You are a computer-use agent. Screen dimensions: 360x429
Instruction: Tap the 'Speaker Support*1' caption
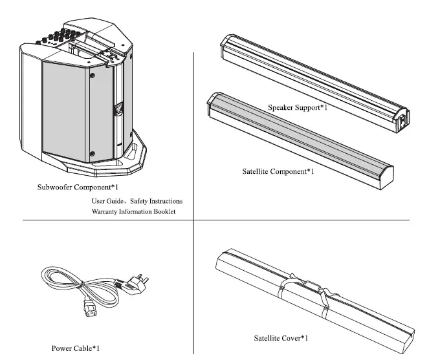tap(298, 107)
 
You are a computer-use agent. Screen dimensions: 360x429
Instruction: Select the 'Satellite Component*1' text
tap(278, 172)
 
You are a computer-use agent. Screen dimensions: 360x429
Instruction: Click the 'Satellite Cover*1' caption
tap(280, 337)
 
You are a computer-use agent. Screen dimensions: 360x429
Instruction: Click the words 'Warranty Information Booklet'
tap(133, 211)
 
